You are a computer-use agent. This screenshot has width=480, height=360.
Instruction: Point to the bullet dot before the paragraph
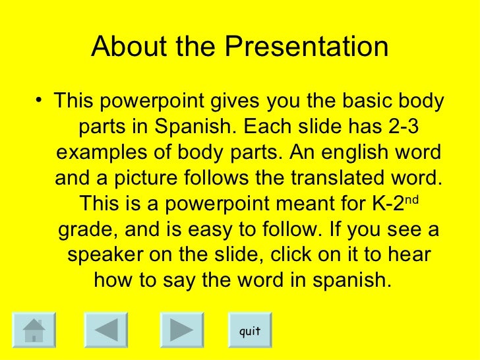[41, 102]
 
